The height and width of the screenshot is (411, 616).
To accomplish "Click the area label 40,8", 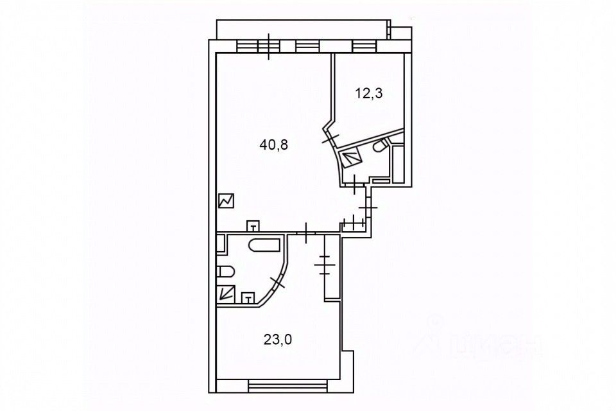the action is pyautogui.click(x=273, y=145).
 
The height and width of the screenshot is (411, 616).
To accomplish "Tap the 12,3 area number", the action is pyautogui.click(x=368, y=93).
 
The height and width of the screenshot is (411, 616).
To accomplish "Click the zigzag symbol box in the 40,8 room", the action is pyautogui.click(x=226, y=201).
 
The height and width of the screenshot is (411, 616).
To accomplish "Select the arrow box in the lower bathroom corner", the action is pyautogui.click(x=225, y=293).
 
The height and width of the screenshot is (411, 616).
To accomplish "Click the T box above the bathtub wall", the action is pyautogui.click(x=255, y=225).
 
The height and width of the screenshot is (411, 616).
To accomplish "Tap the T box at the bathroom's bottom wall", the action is pyautogui.click(x=248, y=298).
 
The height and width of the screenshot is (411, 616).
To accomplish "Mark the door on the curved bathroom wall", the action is pyautogui.click(x=277, y=281).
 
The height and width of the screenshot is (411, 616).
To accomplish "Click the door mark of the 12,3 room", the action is pyautogui.click(x=330, y=137).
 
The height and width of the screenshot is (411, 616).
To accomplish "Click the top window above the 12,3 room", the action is pyautogui.click(x=363, y=46).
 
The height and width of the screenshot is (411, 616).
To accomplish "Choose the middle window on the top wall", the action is pyautogui.click(x=307, y=46).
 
